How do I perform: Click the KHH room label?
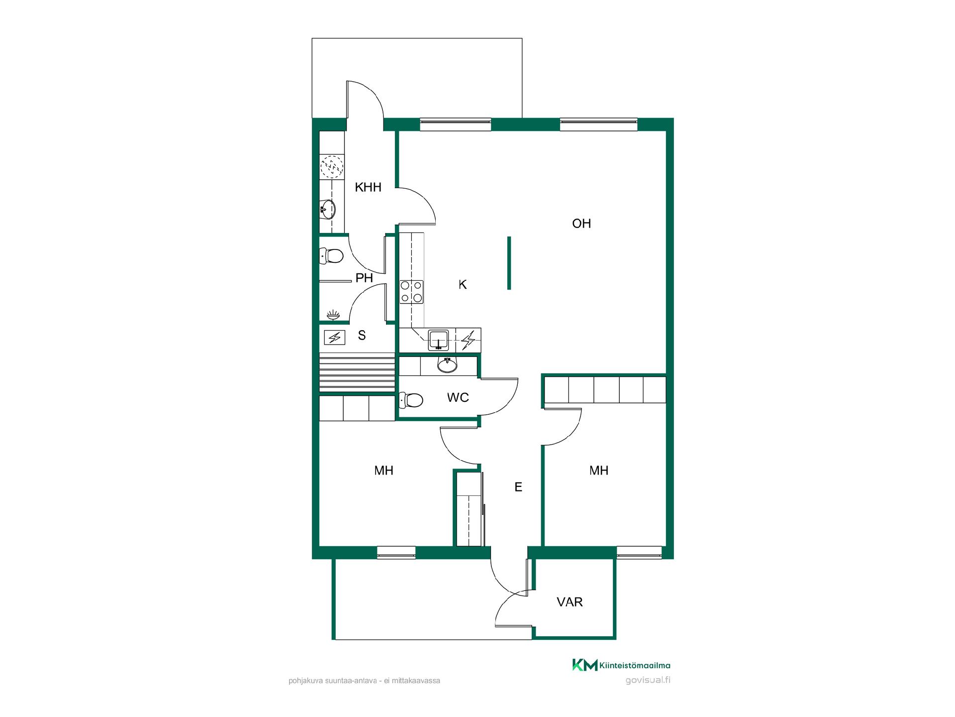coord(368,187)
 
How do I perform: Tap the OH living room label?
coord(581,224)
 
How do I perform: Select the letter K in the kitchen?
coord(463,284)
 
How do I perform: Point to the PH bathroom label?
coord(364,278)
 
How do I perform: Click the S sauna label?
coord(362,336)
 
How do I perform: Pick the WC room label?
coord(458,397)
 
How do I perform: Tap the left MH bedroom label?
coord(384,471)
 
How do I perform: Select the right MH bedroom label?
coord(599,471)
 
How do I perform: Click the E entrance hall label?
coord(518,487)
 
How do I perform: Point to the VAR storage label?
coord(570,602)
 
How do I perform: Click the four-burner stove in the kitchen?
coord(412,292)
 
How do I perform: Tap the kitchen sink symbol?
coord(438,339)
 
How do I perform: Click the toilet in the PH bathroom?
coord(331,256)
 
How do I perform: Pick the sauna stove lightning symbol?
coord(334,338)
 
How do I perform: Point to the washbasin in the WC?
coord(447,365)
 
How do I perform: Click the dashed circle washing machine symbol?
coord(332,167)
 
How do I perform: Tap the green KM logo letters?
coord(585,665)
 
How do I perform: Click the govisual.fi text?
coord(648,681)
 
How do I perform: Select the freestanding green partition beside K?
coord(509,263)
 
